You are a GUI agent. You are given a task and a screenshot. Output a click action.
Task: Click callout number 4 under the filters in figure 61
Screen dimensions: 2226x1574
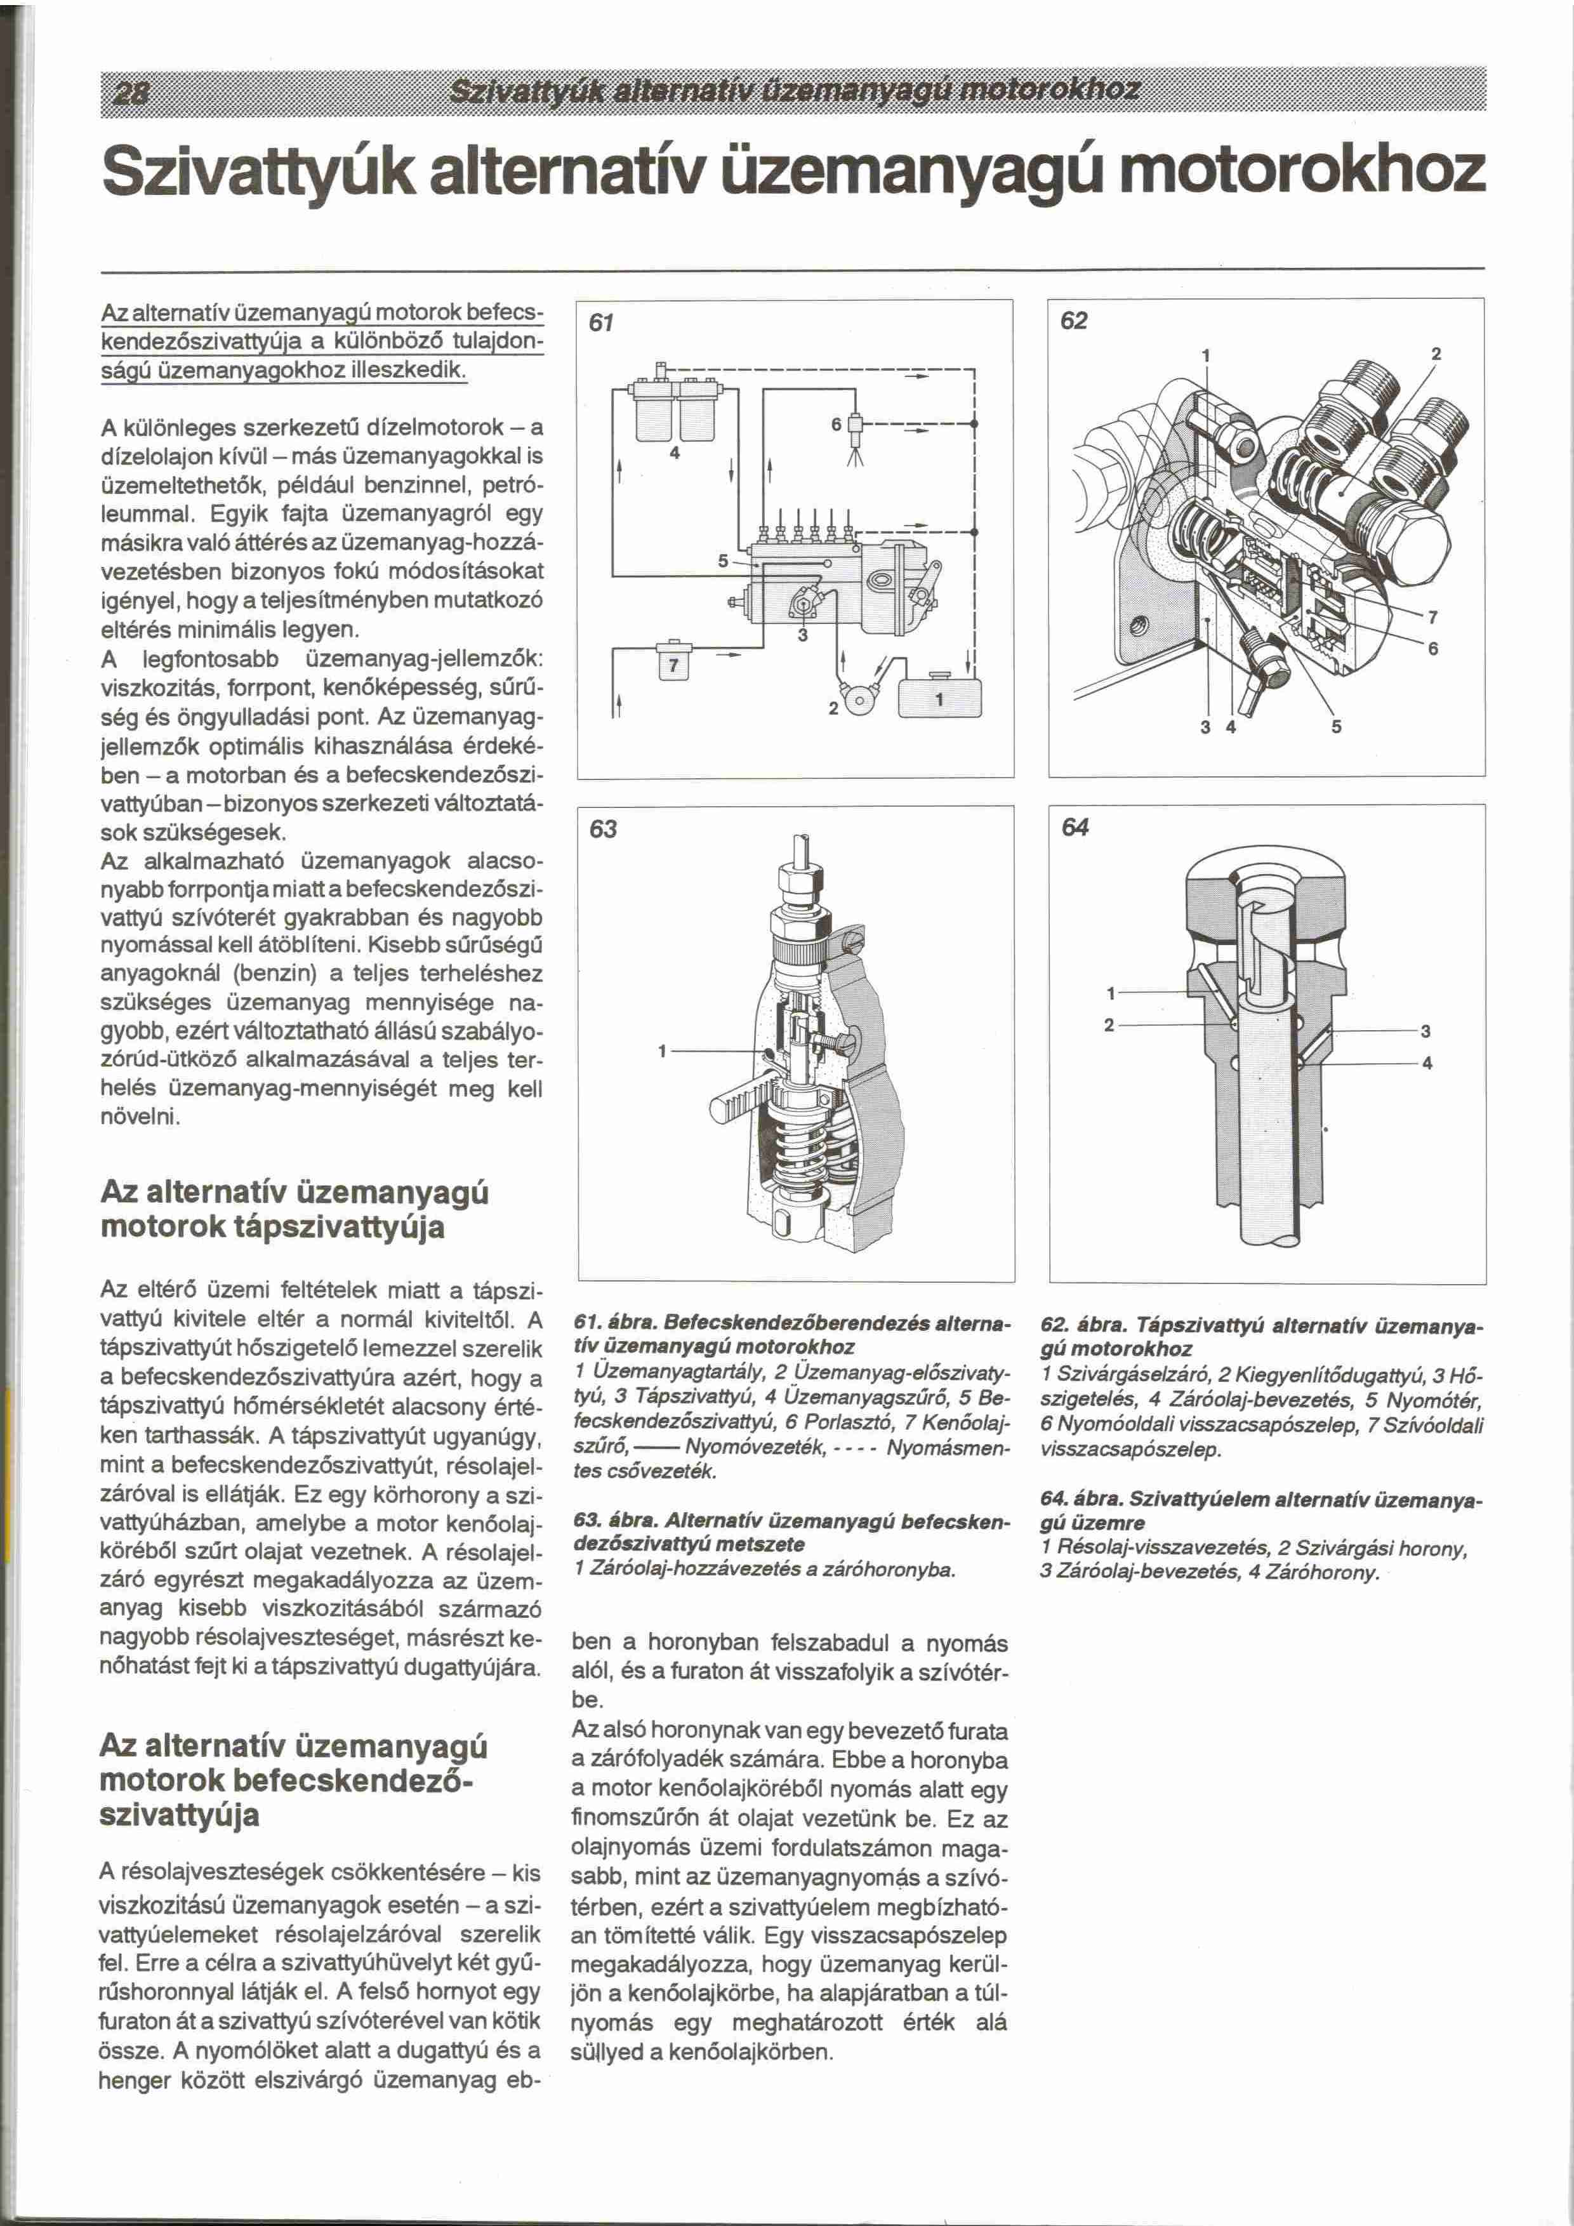pos(675,453)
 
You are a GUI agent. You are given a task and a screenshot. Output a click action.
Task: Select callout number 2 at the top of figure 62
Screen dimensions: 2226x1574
pos(1436,355)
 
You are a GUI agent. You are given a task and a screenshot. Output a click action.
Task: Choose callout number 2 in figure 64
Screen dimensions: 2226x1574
pos(1109,1025)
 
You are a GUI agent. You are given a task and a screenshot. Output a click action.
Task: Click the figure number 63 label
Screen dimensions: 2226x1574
pos(603,829)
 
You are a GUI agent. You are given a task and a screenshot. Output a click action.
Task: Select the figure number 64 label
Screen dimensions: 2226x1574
pos(1075,827)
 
